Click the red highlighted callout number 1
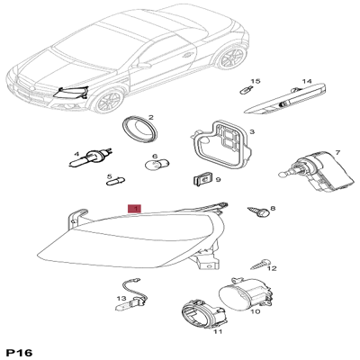[134, 209]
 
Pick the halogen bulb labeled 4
[91, 158]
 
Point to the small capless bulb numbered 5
[116, 181]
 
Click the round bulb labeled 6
[157, 164]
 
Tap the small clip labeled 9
[202, 179]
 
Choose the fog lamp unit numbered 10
[246, 294]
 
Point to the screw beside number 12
[260, 264]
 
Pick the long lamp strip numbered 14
[285, 100]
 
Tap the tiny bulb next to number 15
[247, 89]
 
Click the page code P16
[20, 353]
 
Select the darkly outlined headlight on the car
[71, 93]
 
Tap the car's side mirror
[143, 65]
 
